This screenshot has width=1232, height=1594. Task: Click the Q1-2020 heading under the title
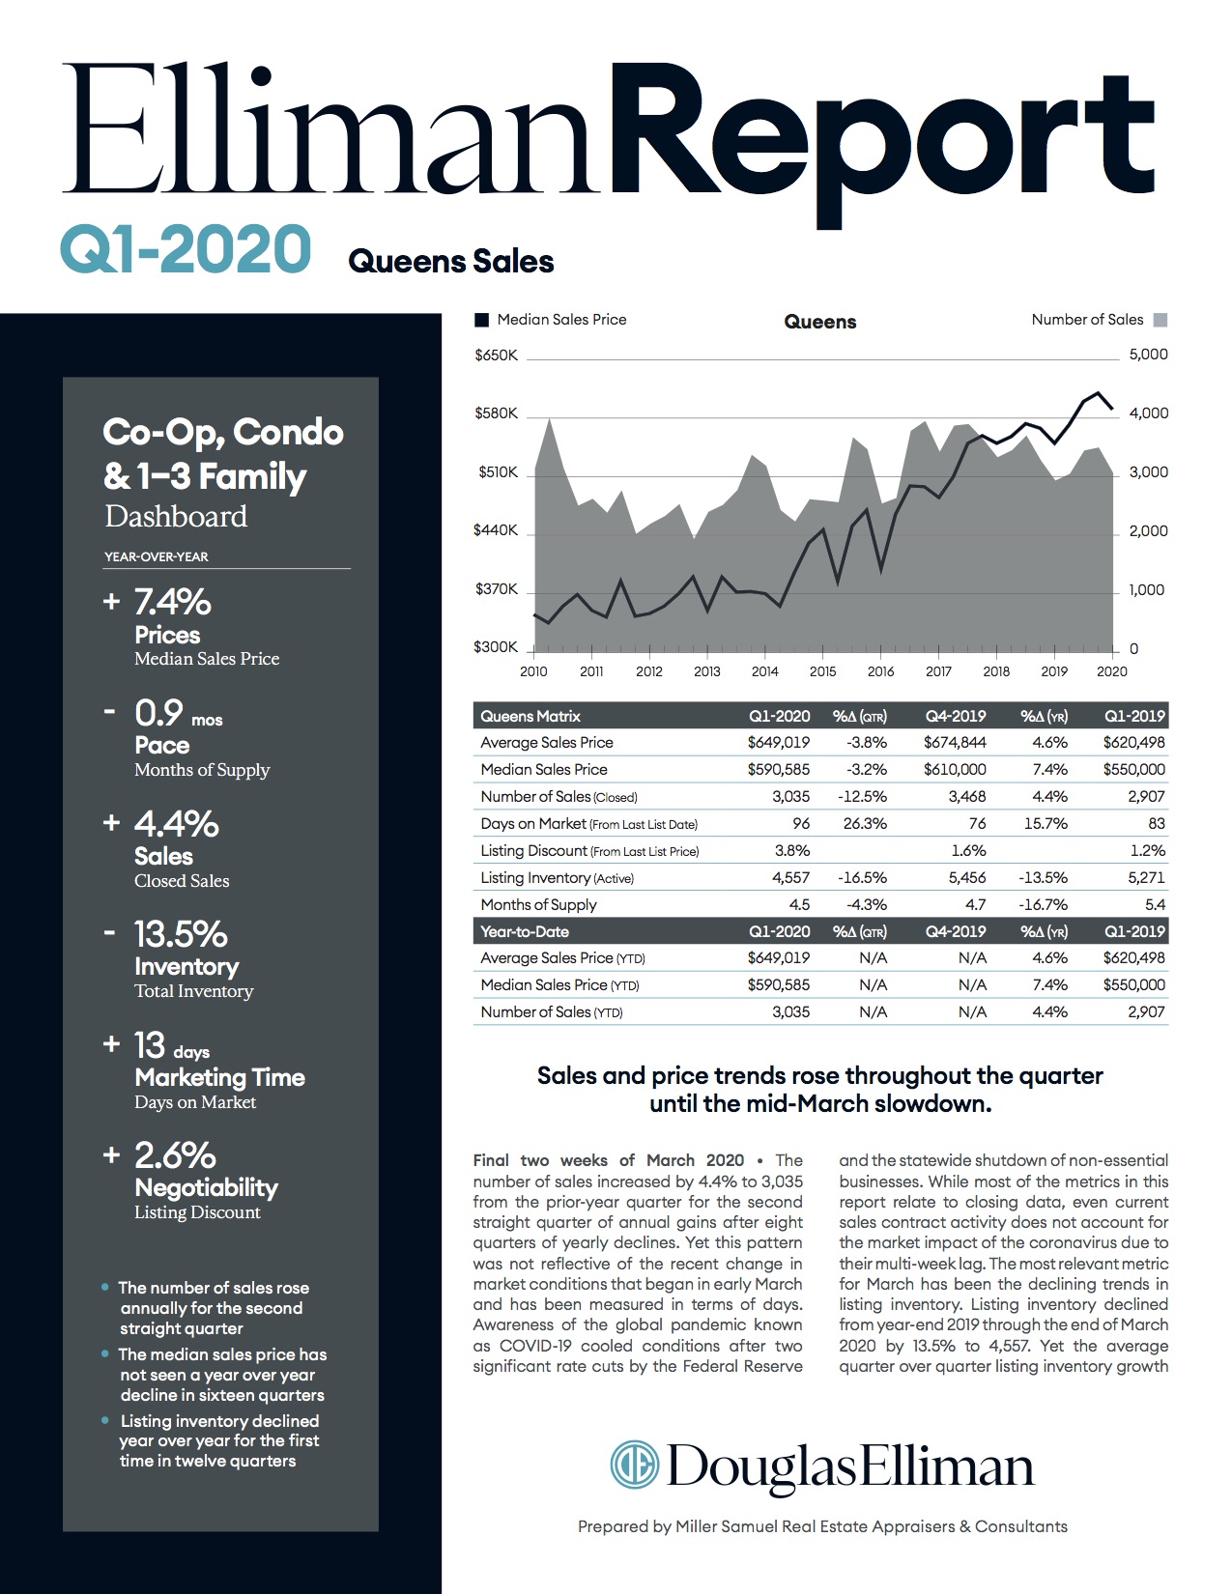186,249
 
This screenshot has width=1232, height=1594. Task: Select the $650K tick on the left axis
496,356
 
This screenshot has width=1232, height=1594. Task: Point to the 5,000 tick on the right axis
1148,355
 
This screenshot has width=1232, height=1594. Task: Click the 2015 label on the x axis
822,671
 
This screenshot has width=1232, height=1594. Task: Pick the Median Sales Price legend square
481,320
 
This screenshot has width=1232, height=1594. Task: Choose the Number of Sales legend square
1160,320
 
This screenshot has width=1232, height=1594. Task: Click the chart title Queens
819,322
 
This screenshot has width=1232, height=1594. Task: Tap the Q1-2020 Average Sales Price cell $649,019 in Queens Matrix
778,743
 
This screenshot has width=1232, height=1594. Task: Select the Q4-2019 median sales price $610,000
955,770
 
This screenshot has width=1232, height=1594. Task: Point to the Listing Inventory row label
535,878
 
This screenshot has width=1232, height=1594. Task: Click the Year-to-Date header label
525,932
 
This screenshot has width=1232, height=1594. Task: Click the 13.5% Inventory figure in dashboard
180,934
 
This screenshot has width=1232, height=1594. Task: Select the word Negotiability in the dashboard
206,1187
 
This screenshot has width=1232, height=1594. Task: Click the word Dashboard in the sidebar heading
176,517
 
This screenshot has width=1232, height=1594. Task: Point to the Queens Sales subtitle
450,261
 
